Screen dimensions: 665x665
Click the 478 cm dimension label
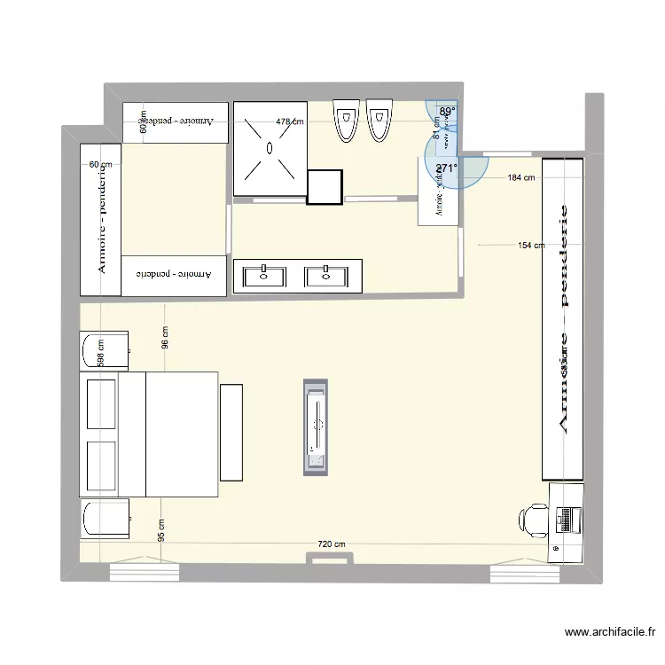(x=289, y=122)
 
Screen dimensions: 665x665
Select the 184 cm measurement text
(x=521, y=177)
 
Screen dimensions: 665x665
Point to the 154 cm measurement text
(x=530, y=246)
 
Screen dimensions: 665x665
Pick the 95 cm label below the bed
(x=161, y=531)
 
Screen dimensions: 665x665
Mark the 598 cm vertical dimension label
(x=101, y=354)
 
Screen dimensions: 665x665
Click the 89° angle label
(x=448, y=112)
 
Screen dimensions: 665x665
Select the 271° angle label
(x=446, y=168)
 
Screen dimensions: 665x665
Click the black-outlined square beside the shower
(x=325, y=187)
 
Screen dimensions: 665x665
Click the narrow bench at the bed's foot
(x=231, y=433)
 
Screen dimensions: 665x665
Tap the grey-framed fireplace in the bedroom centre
(x=316, y=427)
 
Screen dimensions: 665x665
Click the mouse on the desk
(x=556, y=550)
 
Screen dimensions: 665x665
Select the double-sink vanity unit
(x=298, y=276)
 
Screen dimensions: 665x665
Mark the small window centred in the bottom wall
(x=332, y=558)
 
